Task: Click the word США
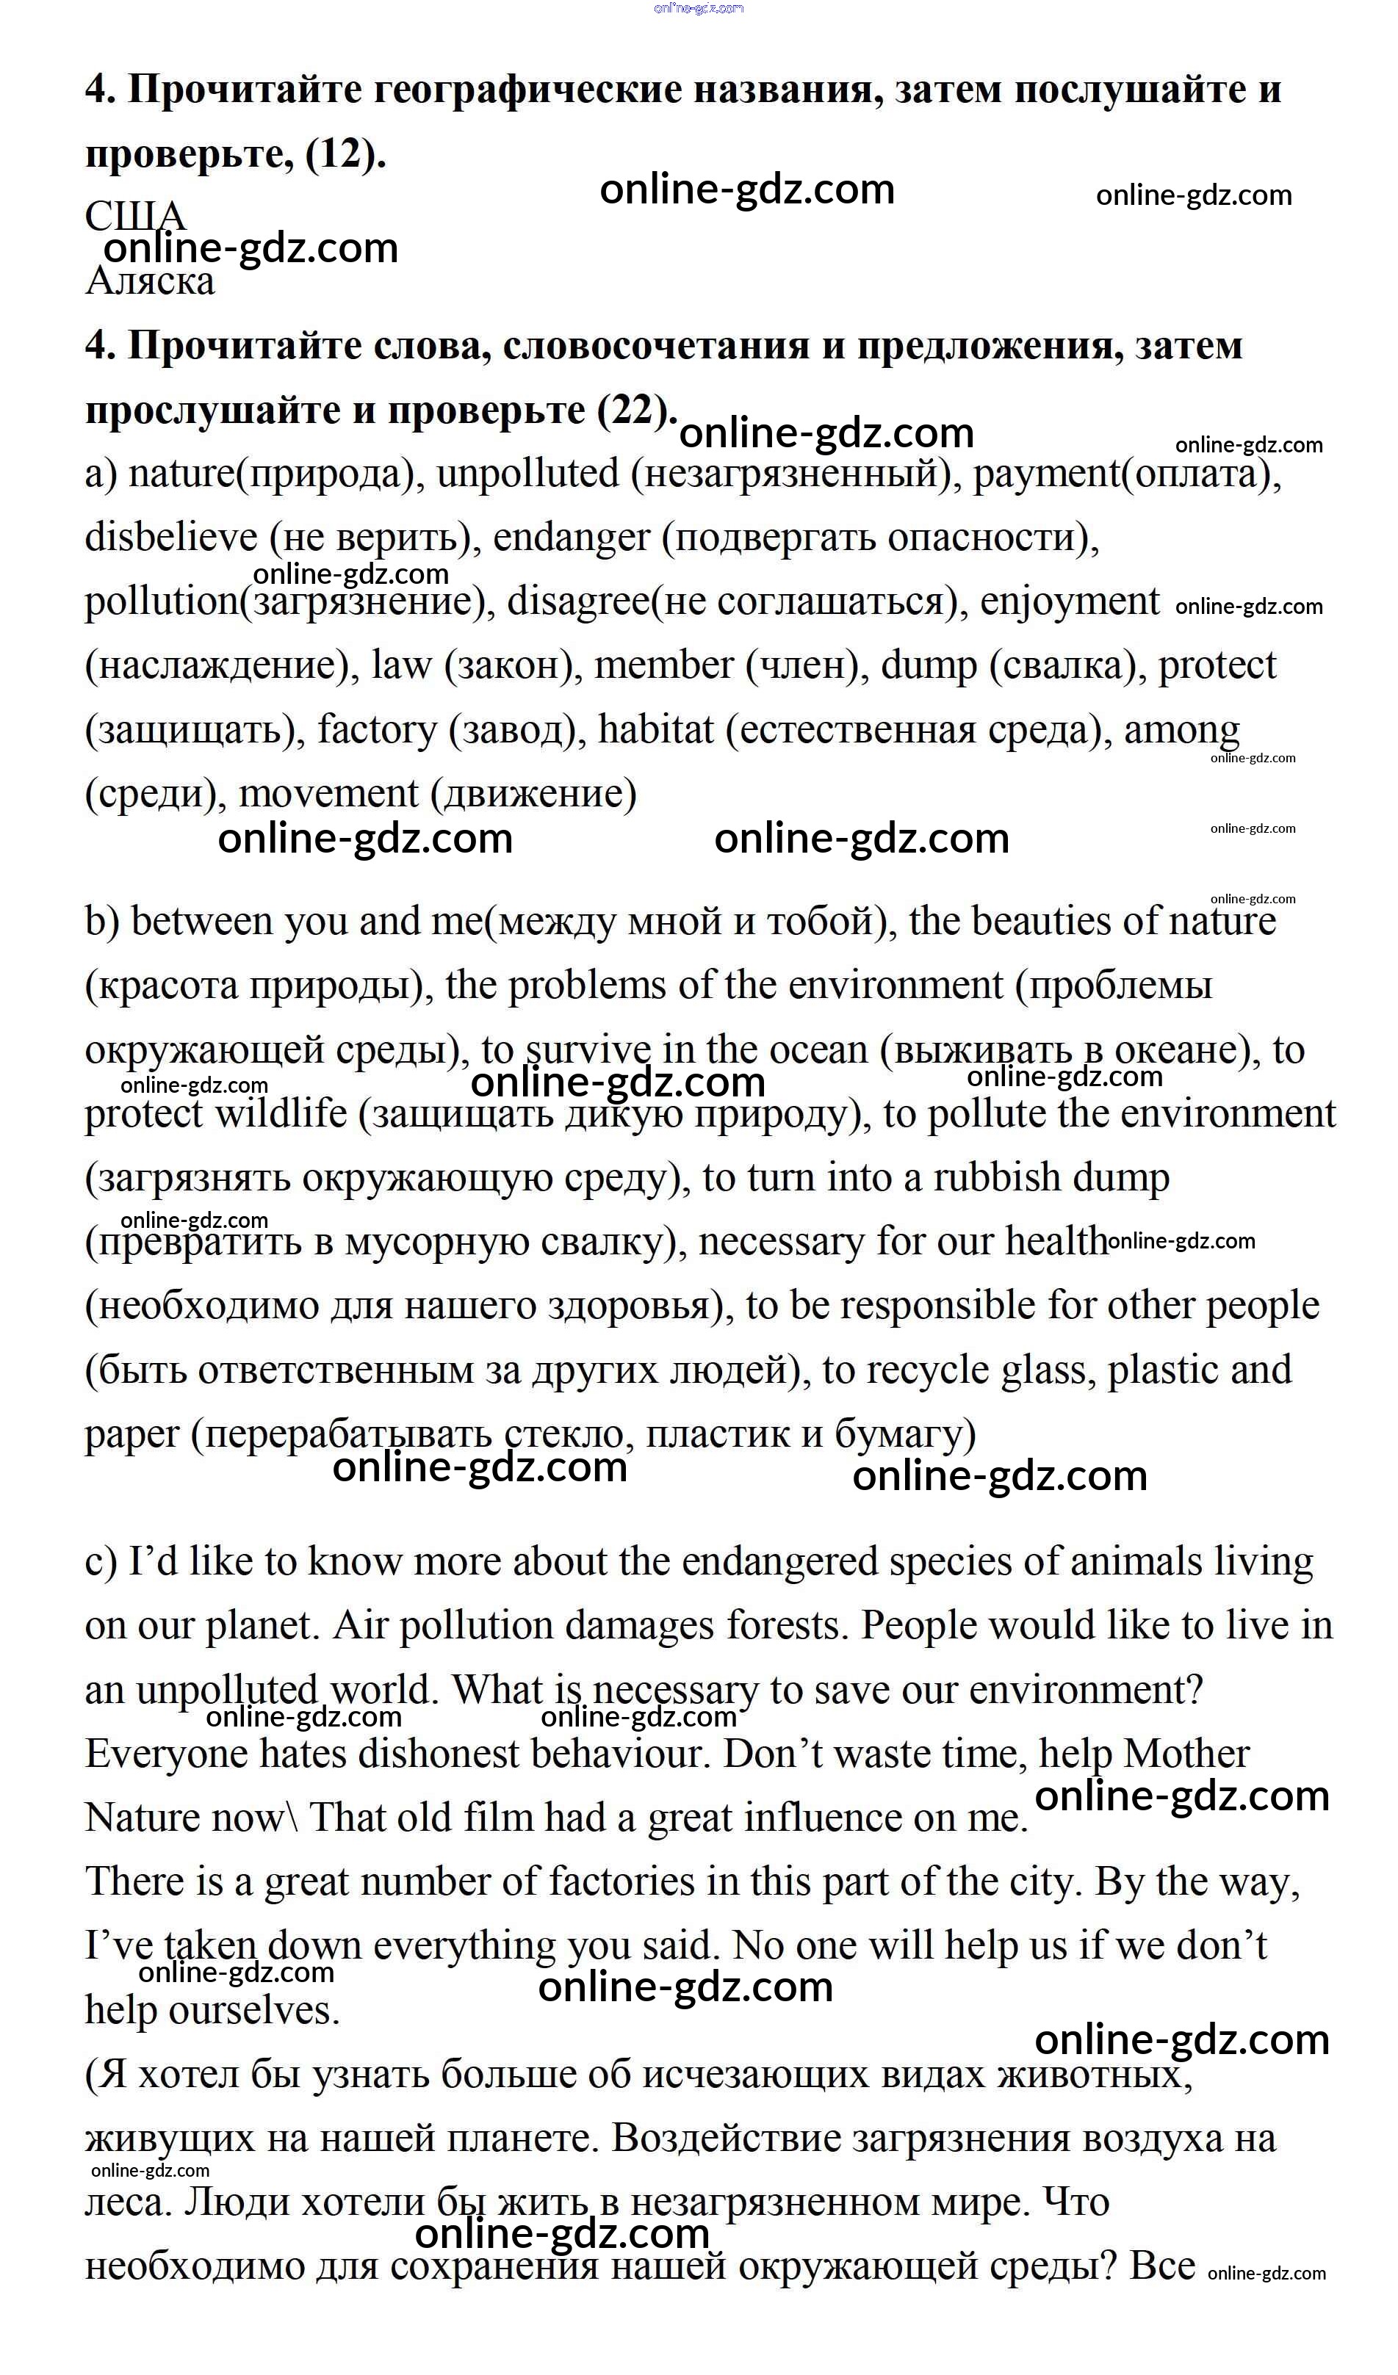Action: point(134,217)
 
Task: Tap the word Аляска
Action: point(150,281)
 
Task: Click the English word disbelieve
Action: point(170,538)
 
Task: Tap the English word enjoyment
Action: point(1069,601)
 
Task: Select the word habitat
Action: point(656,729)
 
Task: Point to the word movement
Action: point(328,794)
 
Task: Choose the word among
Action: point(1181,729)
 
